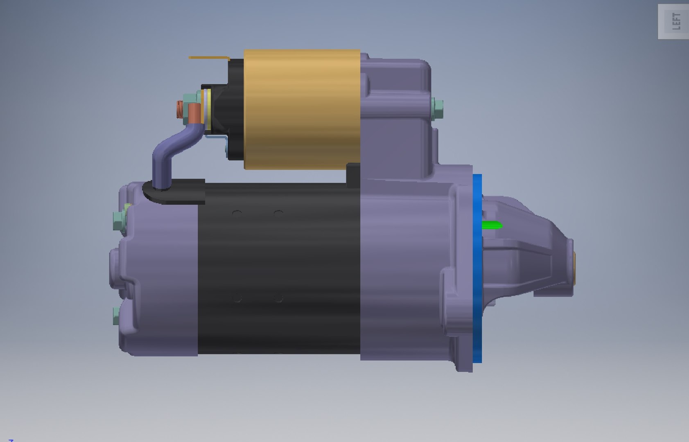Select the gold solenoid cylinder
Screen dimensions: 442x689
[302, 109]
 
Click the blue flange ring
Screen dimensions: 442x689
[477, 268]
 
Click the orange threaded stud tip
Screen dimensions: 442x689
[179, 110]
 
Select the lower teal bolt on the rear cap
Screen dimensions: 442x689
[117, 316]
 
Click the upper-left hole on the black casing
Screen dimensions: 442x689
[237, 213]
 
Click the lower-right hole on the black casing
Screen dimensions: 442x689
[279, 298]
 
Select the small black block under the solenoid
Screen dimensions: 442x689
[352, 175]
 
